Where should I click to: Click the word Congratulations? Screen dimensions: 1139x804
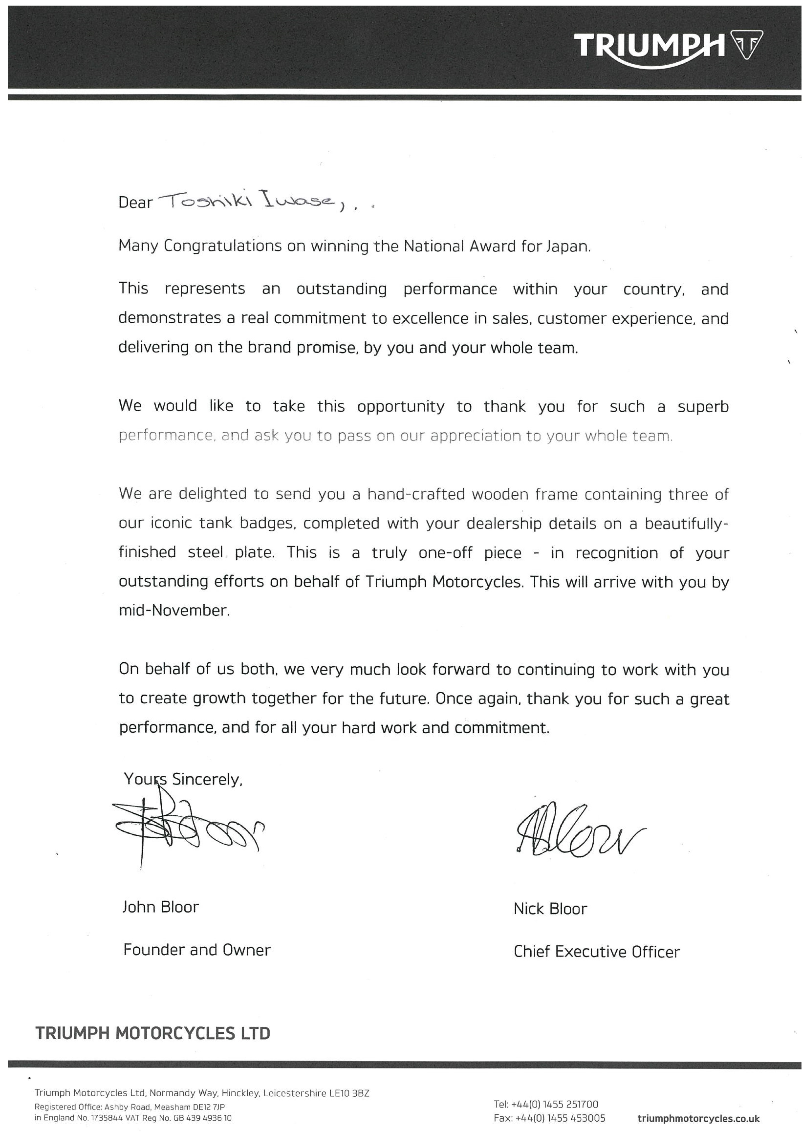[222, 247]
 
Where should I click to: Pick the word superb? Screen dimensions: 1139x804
[703, 407]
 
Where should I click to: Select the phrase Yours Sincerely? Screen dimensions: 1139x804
[183, 779]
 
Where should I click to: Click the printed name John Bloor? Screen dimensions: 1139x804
[160, 907]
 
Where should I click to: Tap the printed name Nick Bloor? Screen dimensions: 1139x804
[550, 909]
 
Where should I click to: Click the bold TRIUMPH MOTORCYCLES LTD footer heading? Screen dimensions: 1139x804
[153, 1033]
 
